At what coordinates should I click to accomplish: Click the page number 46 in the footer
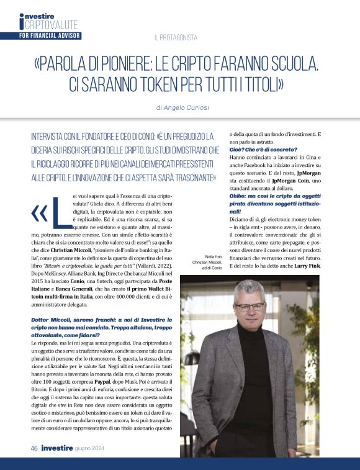pos(34,447)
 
